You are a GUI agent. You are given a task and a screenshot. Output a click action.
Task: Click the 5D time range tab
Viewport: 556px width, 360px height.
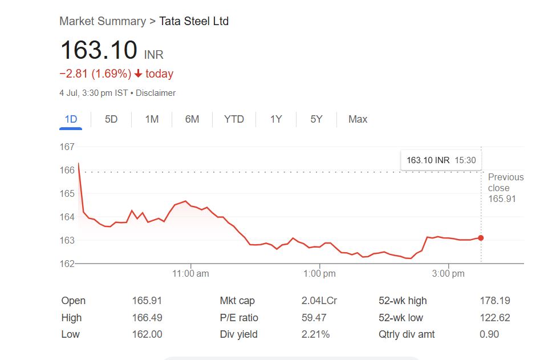[x=111, y=119]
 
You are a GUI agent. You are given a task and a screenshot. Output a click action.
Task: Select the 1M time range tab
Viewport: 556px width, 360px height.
[x=152, y=119]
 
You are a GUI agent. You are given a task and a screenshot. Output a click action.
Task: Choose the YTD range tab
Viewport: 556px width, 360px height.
[x=234, y=119]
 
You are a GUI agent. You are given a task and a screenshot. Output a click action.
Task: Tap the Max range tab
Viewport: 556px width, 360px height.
[x=358, y=119]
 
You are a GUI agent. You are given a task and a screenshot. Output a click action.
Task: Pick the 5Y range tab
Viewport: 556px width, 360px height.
[x=316, y=119]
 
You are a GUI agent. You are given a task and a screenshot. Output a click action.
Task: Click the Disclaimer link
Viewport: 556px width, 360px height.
[x=156, y=93]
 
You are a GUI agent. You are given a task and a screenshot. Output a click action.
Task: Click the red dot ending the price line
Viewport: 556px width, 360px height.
[x=481, y=238]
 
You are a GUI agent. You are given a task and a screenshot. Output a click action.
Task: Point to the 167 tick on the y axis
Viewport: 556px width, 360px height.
[x=67, y=147]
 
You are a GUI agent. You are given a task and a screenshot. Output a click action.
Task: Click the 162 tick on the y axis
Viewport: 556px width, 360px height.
[x=67, y=264]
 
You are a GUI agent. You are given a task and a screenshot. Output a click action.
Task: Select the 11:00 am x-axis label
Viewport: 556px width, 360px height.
[x=190, y=274]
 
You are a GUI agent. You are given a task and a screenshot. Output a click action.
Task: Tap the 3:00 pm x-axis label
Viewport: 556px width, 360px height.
[x=448, y=274]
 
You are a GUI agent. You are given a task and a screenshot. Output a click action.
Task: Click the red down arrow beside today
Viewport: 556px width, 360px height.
[x=138, y=74]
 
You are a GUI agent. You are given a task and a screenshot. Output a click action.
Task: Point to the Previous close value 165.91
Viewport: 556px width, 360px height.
[x=502, y=199]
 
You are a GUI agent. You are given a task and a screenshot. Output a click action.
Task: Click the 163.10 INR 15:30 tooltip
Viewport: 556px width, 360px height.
[x=441, y=160]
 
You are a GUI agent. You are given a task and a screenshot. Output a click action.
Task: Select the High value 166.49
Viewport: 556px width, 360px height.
[x=147, y=318]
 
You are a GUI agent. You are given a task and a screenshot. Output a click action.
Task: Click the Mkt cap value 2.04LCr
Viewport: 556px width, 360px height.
[x=319, y=301]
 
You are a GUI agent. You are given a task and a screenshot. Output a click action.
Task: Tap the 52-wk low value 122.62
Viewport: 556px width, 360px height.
[x=494, y=318]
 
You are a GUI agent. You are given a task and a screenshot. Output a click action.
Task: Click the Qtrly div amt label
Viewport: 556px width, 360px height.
[x=407, y=334]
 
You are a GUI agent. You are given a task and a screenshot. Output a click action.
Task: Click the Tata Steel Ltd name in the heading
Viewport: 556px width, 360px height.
[x=194, y=21]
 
